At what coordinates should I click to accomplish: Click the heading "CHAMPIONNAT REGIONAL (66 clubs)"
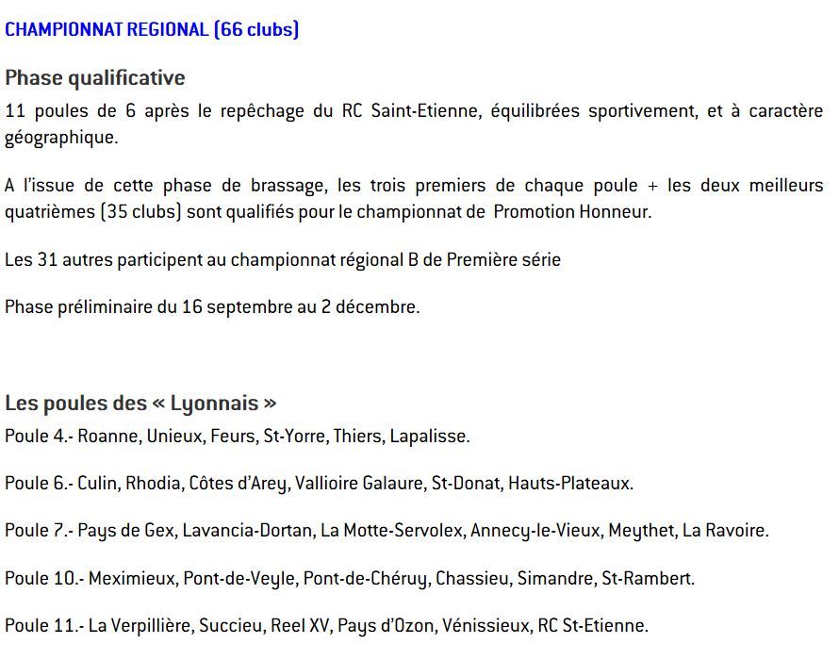(152, 29)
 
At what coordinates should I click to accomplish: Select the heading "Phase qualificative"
(95, 77)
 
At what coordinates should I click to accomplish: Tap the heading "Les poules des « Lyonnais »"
(140, 404)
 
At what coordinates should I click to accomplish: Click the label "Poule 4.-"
(39, 436)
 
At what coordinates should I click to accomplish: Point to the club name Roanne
(107, 436)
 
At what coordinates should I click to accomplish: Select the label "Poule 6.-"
(39, 484)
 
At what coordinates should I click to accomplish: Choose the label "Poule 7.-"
(39, 531)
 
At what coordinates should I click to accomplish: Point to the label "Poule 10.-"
(43, 578)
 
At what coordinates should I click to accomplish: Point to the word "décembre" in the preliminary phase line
(379, 306)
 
